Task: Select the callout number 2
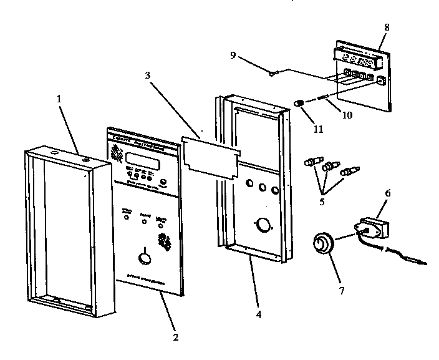point(175,337)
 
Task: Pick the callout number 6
point(387,194)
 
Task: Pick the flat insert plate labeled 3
point(210,157)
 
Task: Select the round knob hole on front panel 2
point(144,257)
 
